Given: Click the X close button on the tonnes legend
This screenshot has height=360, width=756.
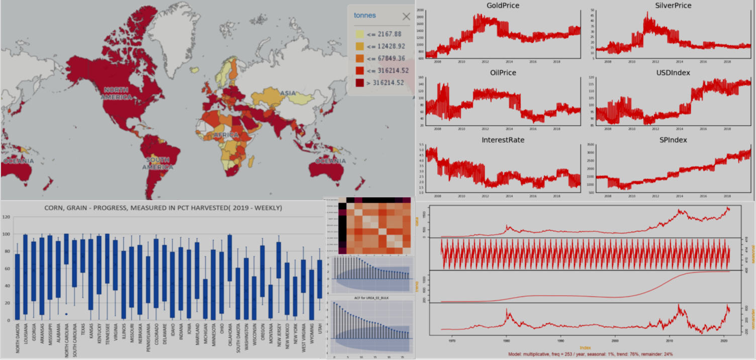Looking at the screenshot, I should (x=406, y=16).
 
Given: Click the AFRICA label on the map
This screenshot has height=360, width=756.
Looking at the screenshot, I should (x=226, y=135).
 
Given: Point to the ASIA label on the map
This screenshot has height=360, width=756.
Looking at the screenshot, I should (x=289, y=94).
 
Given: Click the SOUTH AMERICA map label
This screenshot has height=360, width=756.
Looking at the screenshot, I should (x=157, y=163).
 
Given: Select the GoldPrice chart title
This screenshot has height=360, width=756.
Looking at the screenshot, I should (x=503, y=6).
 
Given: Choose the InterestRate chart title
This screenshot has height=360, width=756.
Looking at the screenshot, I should (x=503, y=140).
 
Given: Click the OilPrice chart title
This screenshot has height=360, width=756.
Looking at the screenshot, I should (x=503, y=73).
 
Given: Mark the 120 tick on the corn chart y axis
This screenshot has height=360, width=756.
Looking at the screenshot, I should (x=7, y=217).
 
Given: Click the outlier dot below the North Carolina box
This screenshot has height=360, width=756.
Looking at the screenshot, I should (x=66, y=314).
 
